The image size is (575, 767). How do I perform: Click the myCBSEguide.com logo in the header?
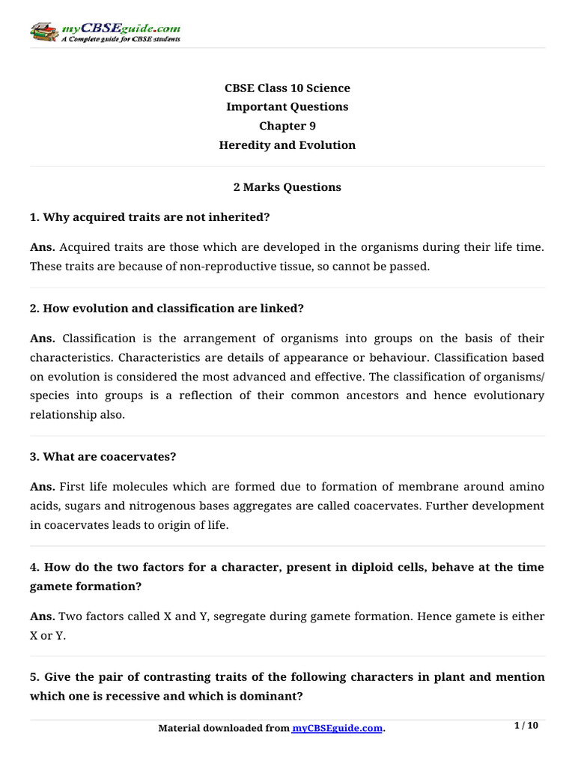click(x=105, y=31)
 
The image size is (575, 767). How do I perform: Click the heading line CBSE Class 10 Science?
click(x=287, y=88)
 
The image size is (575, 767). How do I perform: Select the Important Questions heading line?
click(x=287, y=107)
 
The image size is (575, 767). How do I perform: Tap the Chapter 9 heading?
click(x=287, y=126)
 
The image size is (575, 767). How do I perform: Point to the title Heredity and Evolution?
click(x=287, y=145)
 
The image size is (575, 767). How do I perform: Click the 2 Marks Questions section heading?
click(x=287, y=187)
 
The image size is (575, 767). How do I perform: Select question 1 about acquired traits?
click(x=150, y=217)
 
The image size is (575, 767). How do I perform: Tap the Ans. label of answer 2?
click(x=42, y=339)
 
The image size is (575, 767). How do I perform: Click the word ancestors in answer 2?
click(x=371, y=395)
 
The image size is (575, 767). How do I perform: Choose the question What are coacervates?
click(x=103, y=456)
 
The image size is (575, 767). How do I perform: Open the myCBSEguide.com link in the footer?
click(x=337, y=729)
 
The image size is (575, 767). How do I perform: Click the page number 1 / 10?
click(x=526, y=726)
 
